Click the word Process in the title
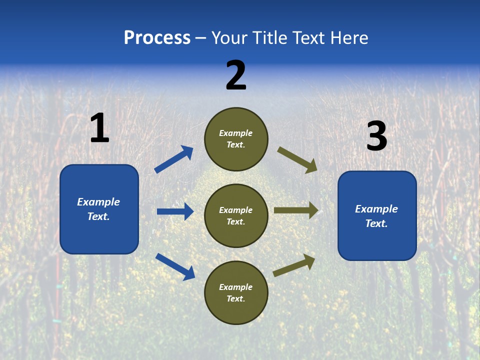[x=157, y=38]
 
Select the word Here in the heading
[x=348, y=38]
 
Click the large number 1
[x=99, y=128]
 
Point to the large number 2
[x=236, y=75]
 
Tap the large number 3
[x=376, y=136]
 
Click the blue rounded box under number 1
[x=99, y=209]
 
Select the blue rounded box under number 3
[x=377, y=216]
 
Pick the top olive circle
[x=236, y=139]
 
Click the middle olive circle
[x=236, y=216]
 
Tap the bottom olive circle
[x=236, y=293]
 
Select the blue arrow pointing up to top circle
[x=174, y=159]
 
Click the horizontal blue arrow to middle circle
[x=175, y=211]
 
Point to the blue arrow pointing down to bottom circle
[x=175, y=266]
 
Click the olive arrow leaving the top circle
[x=297, y=159]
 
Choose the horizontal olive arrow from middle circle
[x=296, y=210]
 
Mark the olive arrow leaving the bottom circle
[x=294, y=265]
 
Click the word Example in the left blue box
[x=98, y=202]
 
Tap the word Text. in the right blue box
[x=376, y=223]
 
